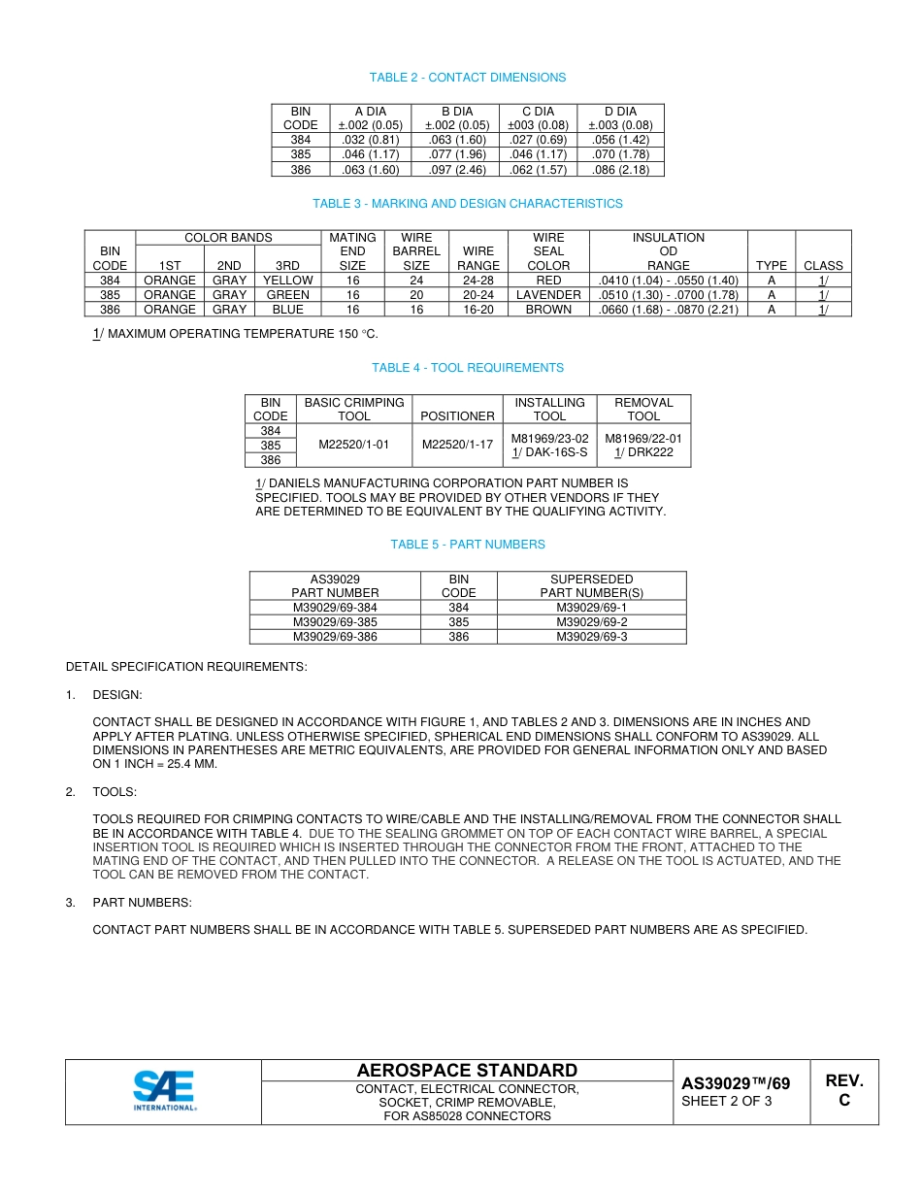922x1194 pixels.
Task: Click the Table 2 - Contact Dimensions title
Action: point(467,78)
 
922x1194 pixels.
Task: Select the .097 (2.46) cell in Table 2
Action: point(456,170)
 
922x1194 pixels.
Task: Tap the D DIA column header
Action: point(620,118)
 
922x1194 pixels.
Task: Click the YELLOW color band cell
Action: point(288,281)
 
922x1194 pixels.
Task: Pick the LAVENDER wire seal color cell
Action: point(548,295)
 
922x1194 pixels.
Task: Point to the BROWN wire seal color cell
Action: point(548,310)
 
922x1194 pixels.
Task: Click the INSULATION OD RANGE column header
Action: point(668,251)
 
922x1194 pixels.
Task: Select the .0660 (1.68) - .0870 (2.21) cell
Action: point(668,310)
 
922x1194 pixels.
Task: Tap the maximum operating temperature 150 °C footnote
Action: point(235,334)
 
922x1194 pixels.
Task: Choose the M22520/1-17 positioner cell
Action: point(457,445)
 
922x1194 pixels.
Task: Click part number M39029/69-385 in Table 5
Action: point(335,622)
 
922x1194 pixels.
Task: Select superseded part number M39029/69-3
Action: point(591,637)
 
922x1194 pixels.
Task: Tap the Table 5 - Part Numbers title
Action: point(467,545)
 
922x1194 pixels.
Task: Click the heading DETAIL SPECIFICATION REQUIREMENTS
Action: point(186,667)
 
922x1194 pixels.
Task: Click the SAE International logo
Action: point(164,1091)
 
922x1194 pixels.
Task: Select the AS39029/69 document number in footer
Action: point(735,1083)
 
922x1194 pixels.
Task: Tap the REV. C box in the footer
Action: point(843,1091)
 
